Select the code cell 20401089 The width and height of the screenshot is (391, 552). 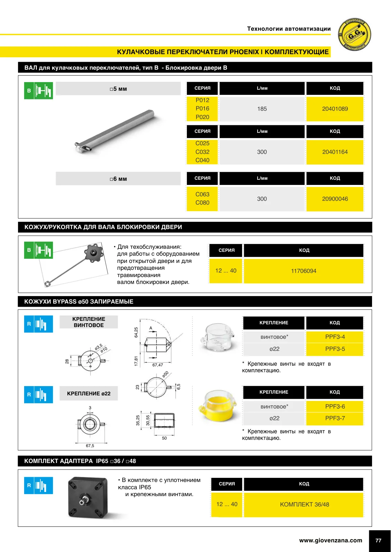(x=335, y=109)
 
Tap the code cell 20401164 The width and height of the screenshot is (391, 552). (x=335, y=152)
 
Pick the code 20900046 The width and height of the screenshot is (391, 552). (x=335, y=199)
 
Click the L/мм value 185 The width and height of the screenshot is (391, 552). (x=262, y=109)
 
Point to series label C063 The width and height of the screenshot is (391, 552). (x=202, y=194)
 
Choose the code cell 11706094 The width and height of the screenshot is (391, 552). (x=303, y=271)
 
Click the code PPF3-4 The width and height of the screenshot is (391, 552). (x=335, y=337)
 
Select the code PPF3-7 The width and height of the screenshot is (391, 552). (x=335, y=418)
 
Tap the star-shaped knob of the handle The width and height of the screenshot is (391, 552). (x=93, y=253)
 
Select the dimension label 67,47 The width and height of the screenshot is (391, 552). (x=158, y=365)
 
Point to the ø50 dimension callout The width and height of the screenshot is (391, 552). (x=165, y=374)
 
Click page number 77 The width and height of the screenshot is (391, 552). (x=378, y=540)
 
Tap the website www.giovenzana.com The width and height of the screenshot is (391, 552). (x=331, y=540)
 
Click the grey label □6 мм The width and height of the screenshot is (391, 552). (x=118, y=179)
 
